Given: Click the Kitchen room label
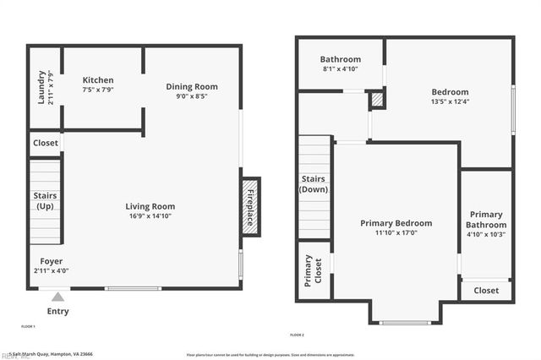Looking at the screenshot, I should pyautogui.click(x=98, y=80).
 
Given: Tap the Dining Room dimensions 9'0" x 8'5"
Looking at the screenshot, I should pyautogui.click(x=191, y=96).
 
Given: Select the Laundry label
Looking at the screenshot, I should pyautogui.click(x=41, y=89).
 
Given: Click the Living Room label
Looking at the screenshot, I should pyautogui.click(x=150, y=206).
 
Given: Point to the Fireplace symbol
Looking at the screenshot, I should pyautogui.click(x=251, y=206).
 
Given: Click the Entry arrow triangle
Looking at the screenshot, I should pyautogui.click(x=57, y=296).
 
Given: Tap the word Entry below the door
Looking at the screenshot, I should pyautogui.click(x=57, y=311).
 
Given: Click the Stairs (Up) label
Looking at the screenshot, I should pyautogui.click(x=45, y=200).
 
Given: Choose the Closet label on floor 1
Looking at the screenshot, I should pyautogui.click(x=46, y=143).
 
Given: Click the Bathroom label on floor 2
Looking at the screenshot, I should pyautogui.click(x=341, y=59).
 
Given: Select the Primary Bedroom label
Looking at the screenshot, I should pyautogui.click(x=396, y=223).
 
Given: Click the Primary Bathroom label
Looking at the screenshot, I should pyautogui.click(x=487, y=220).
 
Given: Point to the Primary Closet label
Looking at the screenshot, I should pyautogui.click(x=313, y=270).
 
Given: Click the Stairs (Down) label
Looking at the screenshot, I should pyautogui.click(x=314, y=183).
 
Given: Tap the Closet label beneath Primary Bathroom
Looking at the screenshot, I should pyautogui.click(x=486, y=290).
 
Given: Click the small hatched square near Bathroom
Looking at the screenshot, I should pyautogui.click(x=377, y=100).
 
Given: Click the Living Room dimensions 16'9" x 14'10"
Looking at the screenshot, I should pyautogui.click(x=150, y=216).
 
